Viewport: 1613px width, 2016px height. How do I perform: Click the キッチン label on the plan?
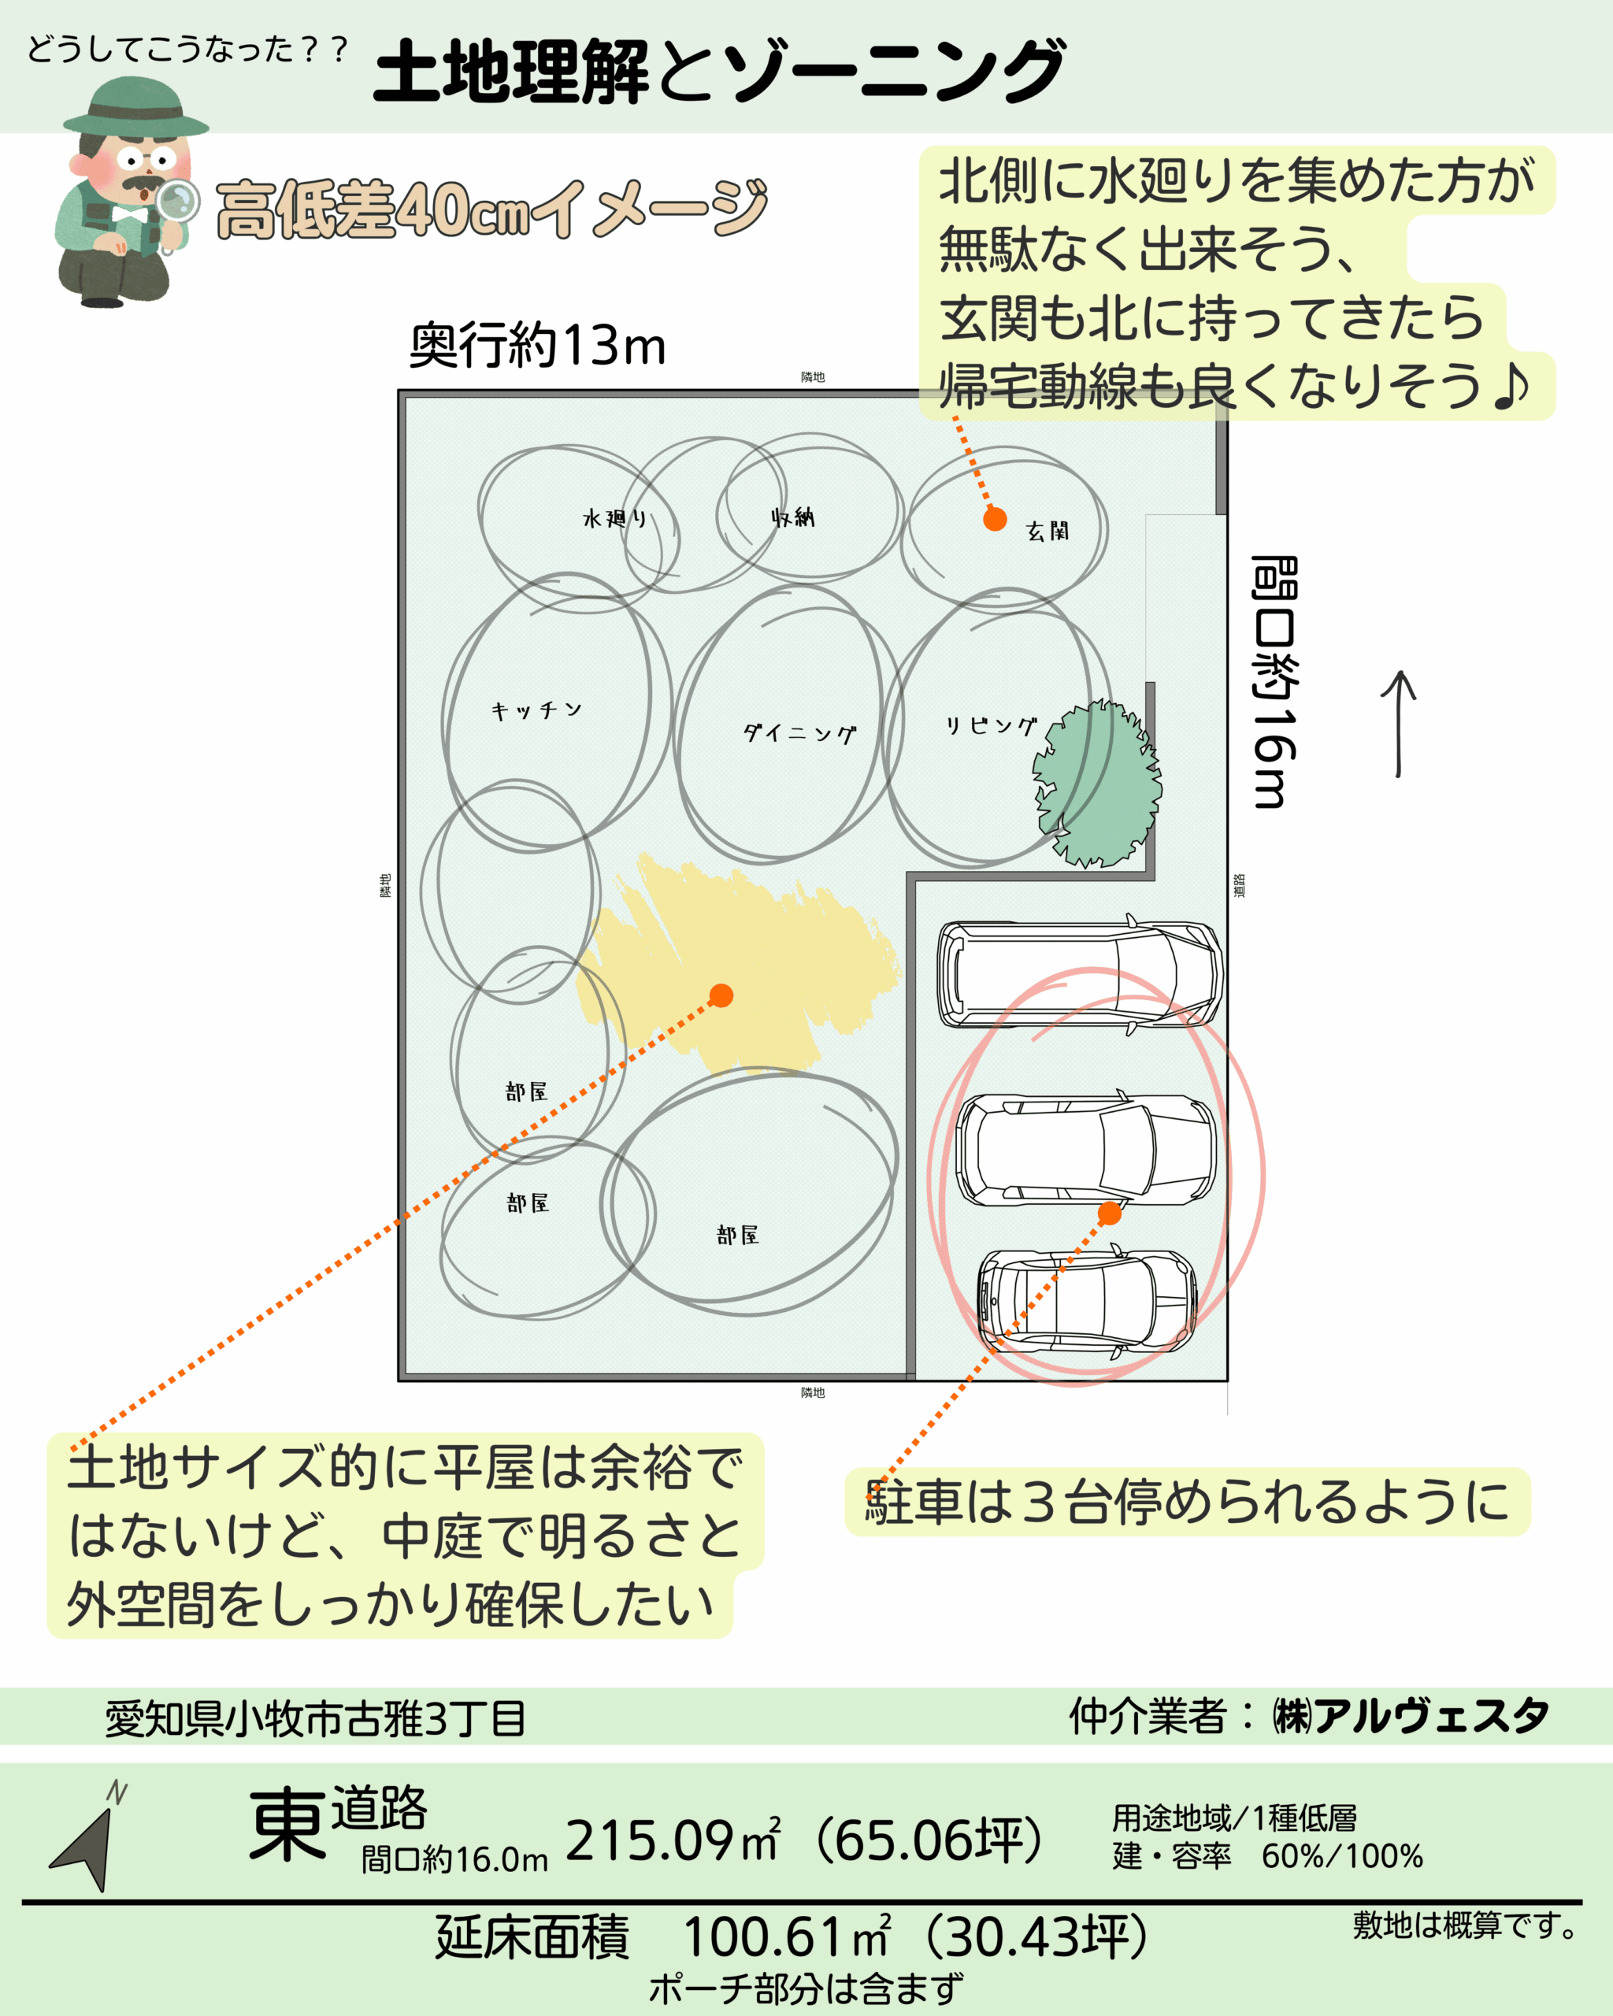pos(536,710)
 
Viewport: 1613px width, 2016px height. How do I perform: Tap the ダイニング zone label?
pos(799,733)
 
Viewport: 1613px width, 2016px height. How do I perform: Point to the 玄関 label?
pos(1048,531)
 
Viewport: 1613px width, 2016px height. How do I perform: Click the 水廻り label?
pos(614,518)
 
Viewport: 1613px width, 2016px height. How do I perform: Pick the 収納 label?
pos(793,517)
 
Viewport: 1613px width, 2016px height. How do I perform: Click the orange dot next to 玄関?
pos(995,519)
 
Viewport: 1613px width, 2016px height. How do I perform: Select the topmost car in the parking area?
pos(1080,973)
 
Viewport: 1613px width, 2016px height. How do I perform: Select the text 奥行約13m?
pos(538,345)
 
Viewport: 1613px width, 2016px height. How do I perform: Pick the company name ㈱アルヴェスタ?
pos(1411,1716)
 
